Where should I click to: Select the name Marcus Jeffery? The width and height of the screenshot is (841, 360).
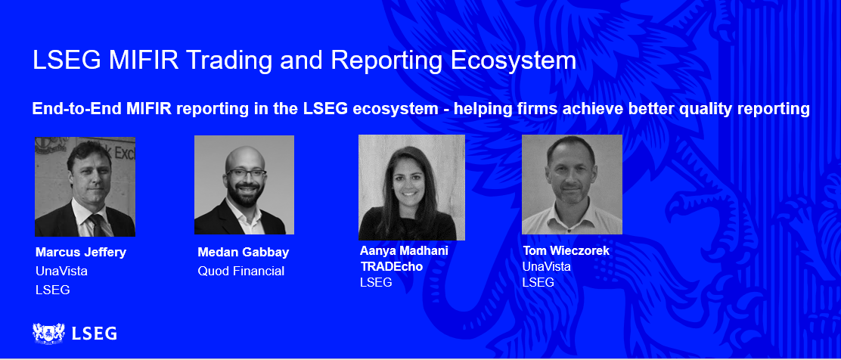point(81,253)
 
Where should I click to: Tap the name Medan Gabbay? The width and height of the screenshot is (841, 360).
point(244,253)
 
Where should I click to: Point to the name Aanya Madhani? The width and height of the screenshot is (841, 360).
point(404,251)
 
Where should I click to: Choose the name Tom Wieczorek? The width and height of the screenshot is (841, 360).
point(566,250)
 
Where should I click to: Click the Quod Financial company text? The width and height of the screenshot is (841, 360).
point(241,271)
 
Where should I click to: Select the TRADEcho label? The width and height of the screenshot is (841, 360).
point(391,266)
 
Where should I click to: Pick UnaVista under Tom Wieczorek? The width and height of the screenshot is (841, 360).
point(546,266)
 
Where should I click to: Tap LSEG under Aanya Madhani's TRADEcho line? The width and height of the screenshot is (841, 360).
point(376,282)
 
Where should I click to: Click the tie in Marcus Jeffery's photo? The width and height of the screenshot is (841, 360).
point(97,225)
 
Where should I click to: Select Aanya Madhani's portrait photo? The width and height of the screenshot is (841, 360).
point(411,188)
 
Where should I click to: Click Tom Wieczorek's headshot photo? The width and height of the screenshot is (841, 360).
point(572,185)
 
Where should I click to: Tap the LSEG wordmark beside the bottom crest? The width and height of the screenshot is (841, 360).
point(95,333)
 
